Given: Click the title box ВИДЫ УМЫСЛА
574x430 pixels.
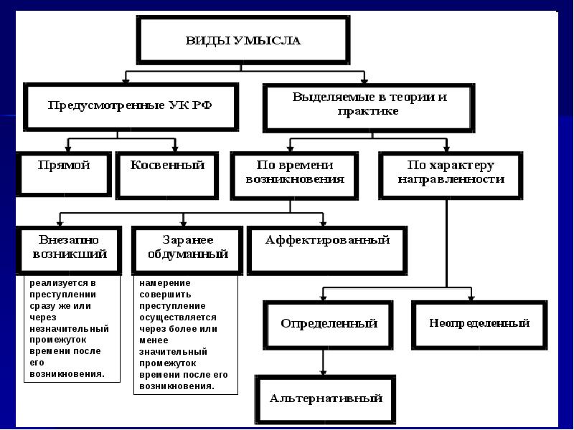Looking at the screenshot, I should (243, 39).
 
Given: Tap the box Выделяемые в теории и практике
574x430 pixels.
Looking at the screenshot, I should (370, 105).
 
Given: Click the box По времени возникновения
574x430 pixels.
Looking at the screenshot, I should (295, 173).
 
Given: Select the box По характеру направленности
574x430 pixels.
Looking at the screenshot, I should (451, 173).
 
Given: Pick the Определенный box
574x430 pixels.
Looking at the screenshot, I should (329, 323).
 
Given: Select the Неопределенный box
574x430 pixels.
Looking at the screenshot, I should (479, 323).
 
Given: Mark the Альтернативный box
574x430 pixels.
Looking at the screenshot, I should (326, 398).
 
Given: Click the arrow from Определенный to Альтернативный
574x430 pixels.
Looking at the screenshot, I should (324, 361).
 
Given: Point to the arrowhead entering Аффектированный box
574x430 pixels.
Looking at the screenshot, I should (324, 221).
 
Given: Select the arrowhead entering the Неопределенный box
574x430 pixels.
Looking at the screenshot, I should (470, 295).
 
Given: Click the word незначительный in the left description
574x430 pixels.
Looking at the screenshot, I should (70, 328).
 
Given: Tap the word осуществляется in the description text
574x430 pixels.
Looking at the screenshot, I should (178, 317).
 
